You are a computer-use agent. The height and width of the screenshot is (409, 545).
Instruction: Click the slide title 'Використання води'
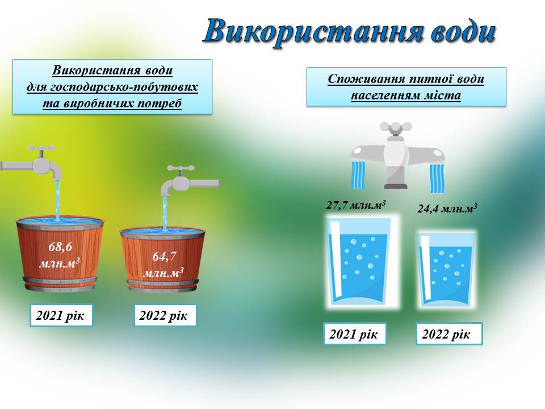(x=350, y=32)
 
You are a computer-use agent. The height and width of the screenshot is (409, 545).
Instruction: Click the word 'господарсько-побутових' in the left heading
(x=124, y=87)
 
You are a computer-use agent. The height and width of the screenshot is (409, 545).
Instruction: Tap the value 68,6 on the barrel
(x=60, y=247)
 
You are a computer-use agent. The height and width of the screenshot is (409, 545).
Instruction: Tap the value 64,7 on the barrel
(x=164, y=256)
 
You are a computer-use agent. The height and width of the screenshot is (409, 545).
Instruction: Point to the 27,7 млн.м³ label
(x=356, y=205)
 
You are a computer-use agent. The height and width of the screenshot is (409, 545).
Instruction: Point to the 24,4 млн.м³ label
(x=447, y=208)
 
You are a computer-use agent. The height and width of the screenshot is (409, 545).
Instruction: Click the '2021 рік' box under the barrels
(x=61, y=315)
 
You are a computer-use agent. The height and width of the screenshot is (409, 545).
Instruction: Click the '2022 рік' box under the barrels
(x=165, y=315)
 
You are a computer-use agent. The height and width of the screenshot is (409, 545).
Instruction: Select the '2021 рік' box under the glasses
(x=355, y=334)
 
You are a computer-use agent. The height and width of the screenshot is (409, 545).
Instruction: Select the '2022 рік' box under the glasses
(x=449, y=334)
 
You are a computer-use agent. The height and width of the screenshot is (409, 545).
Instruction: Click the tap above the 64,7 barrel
(x=190, y=181)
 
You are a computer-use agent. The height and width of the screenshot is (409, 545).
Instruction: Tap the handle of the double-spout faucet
(x=396, y=127)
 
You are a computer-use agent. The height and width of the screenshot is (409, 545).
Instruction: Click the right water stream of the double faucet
(x=437, y=178)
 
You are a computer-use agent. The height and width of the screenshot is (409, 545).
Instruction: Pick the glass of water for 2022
(x=446, y=269)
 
